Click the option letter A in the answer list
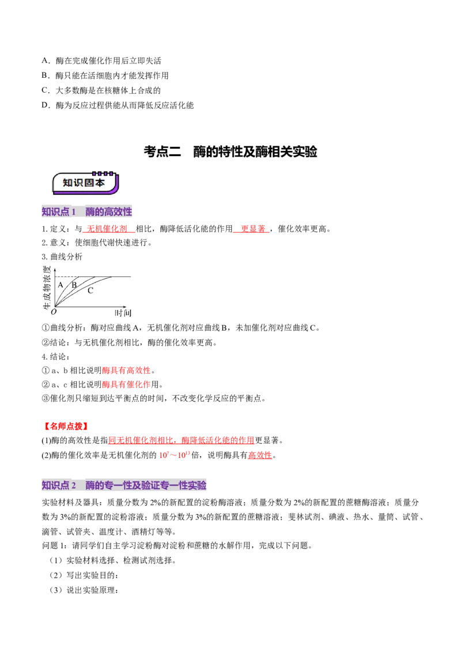[45, 60]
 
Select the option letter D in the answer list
[45, 105]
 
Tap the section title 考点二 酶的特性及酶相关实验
[231, 151]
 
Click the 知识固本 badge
[85, 183]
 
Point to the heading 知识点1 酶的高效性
[86, 211]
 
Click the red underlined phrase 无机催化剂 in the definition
[107, 229]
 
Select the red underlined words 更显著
[253, 229]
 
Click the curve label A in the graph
[61, 285]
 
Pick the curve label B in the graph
[74, 285]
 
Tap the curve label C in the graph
[90, 291]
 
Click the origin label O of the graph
[54, 312]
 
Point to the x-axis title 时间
[123, 313]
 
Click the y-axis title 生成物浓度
[47, 288]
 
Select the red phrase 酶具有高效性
[126, 370]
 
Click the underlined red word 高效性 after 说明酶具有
[260, 456]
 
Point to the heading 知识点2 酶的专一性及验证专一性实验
[124, 486]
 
